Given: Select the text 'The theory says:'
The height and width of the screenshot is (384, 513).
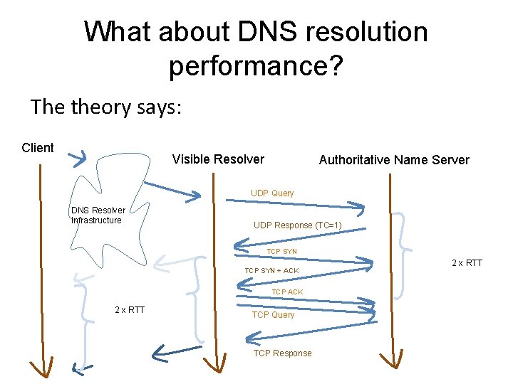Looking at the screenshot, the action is coord(107,107).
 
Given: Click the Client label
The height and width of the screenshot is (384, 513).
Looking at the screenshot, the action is coord(38,148).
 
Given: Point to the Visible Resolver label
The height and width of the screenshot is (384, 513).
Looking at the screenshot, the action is coord(218,159).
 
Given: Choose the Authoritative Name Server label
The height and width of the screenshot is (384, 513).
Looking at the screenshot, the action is coord(394,160).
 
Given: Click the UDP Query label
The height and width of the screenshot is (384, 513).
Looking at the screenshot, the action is coord(271,193).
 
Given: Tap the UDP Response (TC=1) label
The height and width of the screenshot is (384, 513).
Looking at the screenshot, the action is coord(298,225).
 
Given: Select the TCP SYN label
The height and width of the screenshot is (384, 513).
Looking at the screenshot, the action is coord(281,252).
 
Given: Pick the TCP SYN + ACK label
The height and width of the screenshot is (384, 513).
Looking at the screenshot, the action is coord(271,271).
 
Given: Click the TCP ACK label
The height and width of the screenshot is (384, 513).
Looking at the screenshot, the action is coord(287,292).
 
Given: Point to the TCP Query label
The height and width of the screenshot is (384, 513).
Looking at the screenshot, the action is coord(273,315).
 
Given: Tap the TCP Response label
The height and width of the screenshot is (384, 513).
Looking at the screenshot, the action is coord(282,353).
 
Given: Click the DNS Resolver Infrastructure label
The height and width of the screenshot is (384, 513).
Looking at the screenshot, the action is coord(98,215).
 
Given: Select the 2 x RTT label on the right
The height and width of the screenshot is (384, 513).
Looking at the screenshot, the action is coord(467,263).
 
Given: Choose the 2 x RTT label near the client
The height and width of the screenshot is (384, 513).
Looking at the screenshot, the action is coord(129,309).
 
